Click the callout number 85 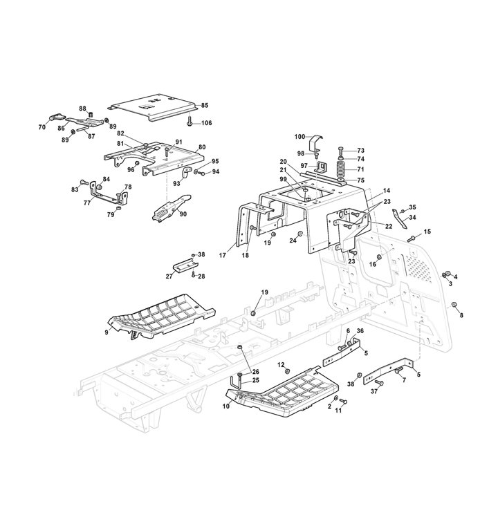205,105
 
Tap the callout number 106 207,123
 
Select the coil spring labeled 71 340,169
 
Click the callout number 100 299,137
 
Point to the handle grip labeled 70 57,117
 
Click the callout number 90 183,214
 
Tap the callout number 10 226,406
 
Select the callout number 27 169,276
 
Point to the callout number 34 412,218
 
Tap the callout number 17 223,255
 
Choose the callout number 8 461,315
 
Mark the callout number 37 374,391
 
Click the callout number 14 387,191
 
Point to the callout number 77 87,203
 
